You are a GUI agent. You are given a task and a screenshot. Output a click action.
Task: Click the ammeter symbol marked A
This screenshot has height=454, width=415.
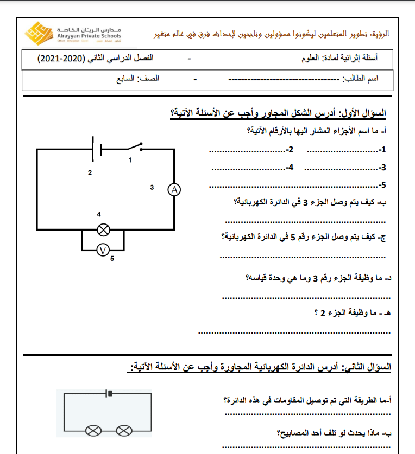pos(174,189)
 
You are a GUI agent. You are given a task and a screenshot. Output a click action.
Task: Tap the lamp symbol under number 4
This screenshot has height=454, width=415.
pos(103,230)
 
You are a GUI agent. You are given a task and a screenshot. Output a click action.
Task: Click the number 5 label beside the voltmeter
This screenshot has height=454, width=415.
pos(112,259)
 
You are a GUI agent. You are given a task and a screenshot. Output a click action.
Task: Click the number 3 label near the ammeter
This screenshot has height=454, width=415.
pos(152,187)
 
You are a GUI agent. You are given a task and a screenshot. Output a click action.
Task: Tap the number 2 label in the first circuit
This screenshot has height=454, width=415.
pos(90,173)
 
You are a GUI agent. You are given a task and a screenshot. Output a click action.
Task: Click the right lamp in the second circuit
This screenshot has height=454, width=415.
pos(125,431)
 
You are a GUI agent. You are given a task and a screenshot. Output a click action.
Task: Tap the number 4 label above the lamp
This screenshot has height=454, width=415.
pos(99,214)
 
